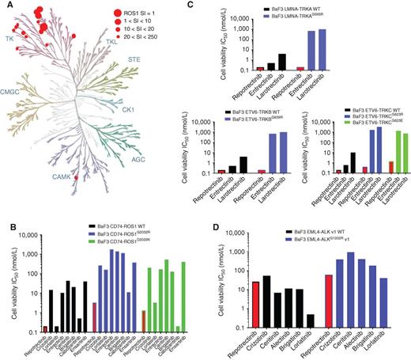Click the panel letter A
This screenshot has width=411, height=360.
pyautogui.click(x=5, y=6)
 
